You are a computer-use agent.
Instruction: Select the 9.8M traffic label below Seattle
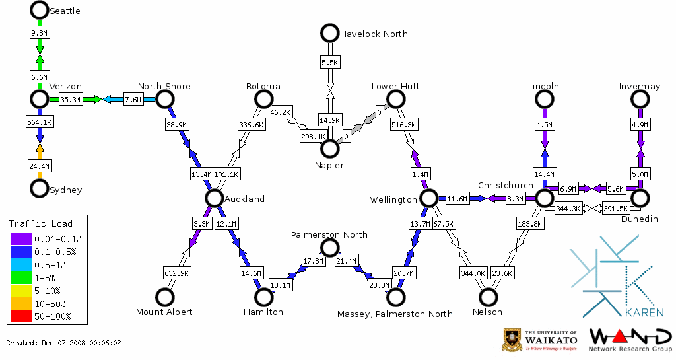[40, 32]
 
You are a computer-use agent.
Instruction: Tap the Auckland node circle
[213, 198]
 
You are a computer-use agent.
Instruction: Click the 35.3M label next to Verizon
[70, 100]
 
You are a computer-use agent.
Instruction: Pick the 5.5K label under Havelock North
[329, 63]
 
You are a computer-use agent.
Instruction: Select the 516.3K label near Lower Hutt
[403, 124]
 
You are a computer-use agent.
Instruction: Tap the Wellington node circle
[429, 198]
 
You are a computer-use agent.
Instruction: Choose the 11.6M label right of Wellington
[456, 198]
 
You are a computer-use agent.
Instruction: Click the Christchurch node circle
[544, 198]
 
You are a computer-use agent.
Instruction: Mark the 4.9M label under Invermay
[640, 124]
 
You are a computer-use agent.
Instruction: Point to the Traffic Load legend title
[41, 223]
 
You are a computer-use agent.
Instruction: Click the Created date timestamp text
[64, 343]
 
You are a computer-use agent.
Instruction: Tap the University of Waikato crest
[513, 340]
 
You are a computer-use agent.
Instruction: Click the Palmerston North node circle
[329, 248]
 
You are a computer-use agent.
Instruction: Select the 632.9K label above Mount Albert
[177, 273]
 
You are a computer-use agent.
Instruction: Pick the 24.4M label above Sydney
[40, 166]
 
